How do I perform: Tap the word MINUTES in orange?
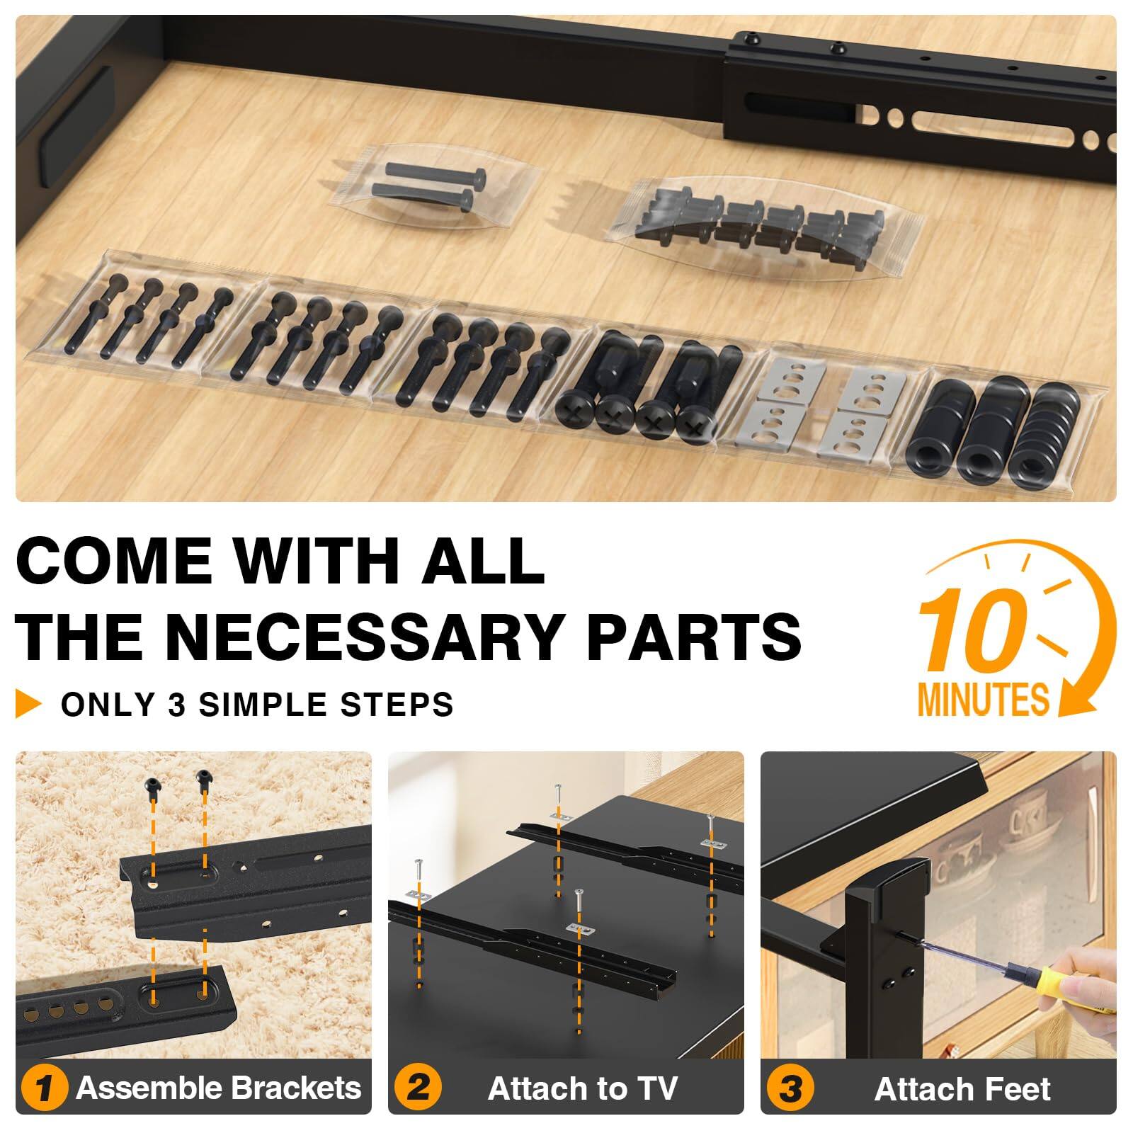click(x=983, y=700)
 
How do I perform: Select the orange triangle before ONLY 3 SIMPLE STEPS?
click(x=28, y=705)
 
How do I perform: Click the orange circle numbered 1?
click(x=44, y=1088)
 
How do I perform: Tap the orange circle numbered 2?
click(x=418, y=1088)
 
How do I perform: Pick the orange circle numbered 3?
click(x=790, y=1088)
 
